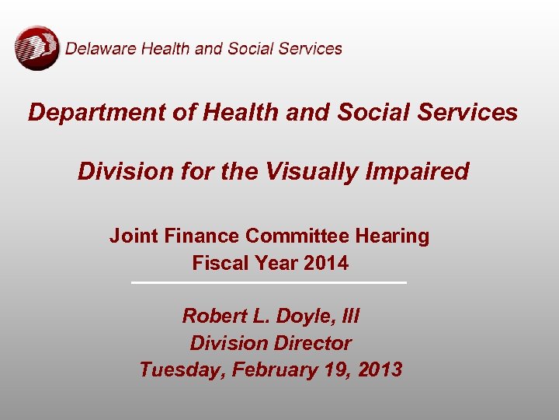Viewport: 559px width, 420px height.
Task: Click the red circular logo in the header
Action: coord(36,47)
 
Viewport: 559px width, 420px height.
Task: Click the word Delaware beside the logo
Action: coord(97,48)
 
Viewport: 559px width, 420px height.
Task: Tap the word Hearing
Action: coord(394,236)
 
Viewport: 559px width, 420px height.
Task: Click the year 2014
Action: coord(326,263)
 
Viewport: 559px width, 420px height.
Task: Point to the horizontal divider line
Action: coord(269,282)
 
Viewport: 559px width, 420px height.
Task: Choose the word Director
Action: coord(315,343)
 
